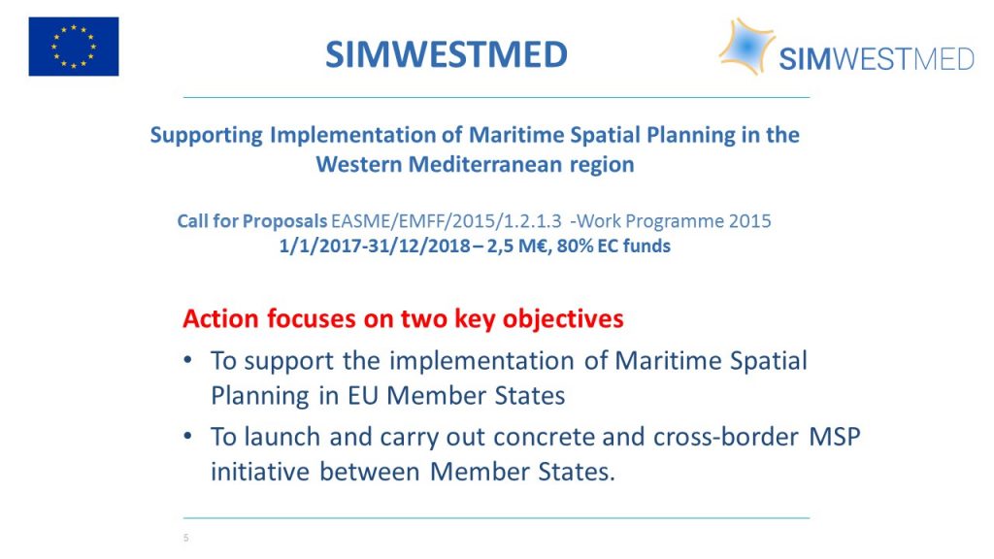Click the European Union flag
(x=74, y=47)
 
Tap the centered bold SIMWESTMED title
(x=447, y=54)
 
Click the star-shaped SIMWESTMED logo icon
(x=746, y=46)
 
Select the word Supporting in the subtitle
(x=206, y=136)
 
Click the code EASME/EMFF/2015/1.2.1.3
(x=447, y=221)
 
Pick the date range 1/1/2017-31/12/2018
(x=375, y=246)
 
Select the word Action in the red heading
(x=221, y=318)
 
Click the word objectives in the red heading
(x=563, y=319)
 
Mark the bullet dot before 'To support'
(x=187, y=360)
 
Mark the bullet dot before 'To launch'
(x=187, y=436)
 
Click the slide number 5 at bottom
(x=185, y=538)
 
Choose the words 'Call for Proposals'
(x=251, y=221)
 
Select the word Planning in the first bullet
(x=260, y=397)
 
